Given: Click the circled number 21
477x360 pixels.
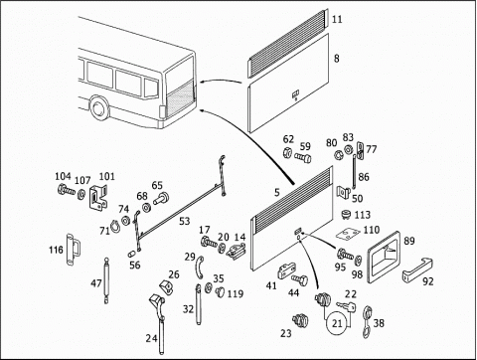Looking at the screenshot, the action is point(337,323).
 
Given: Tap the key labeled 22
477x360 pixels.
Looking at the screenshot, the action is point(346,306).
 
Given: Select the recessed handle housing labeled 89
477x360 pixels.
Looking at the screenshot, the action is point(385,257).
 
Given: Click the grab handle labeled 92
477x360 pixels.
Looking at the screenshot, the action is point(417,270).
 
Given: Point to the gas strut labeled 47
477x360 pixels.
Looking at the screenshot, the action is point(106,280).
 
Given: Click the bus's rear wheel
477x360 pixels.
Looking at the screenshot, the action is point(98,107).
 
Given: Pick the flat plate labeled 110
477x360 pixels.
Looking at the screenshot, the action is point(347,234).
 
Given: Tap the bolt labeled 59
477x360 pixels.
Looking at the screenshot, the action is point(303,158).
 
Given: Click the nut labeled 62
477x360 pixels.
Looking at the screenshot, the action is point(287,152).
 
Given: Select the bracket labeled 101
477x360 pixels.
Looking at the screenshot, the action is point(98,198).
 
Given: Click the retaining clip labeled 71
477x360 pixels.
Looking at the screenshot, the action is point(115,227).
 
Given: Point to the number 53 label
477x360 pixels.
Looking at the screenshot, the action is point(185,221).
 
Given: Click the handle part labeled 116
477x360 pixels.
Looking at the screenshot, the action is point(73,250).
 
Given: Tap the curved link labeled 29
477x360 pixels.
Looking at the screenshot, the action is point(199,268).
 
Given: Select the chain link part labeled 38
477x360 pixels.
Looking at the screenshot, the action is point(367,322).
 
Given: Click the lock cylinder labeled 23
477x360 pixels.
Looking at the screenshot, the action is point(300,320).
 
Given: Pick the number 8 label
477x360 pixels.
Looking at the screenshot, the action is point(337,59).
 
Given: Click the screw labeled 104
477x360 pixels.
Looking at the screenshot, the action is point(67,190).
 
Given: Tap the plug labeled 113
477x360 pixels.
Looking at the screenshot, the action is point(347,214).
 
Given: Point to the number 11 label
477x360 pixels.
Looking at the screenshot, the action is point(337,19).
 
